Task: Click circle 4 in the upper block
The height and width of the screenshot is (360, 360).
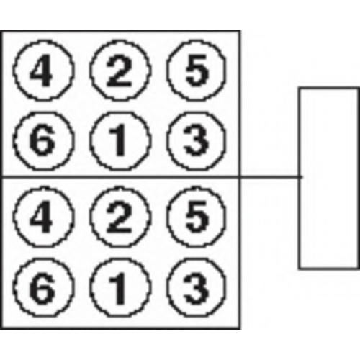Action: tap(42, 70)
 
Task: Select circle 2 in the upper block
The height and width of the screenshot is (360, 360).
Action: tap(120, 70)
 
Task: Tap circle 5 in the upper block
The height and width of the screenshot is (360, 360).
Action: tap(197, 70)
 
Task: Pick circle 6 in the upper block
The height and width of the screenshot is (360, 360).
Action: tap(42, 140)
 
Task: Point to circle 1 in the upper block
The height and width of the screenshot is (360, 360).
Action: tap(120, 140)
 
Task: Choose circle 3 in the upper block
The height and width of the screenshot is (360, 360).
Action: tap(197, 140)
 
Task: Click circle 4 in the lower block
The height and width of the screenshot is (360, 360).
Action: tap(42, 217)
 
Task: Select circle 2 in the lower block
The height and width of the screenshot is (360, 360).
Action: tap(120, 217)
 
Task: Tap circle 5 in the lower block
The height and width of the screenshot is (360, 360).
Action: tap(197, 217)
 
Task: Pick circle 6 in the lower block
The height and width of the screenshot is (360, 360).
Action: tap(42, 287)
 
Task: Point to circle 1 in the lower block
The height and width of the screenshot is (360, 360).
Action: tap(120, 287)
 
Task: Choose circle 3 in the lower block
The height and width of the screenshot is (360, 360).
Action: tap(197, 287)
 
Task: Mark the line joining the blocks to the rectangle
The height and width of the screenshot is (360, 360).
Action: tap(270, 177)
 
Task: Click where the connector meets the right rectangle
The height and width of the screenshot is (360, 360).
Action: tap(300, 177)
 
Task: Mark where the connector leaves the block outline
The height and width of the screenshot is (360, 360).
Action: tap(240, 177)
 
